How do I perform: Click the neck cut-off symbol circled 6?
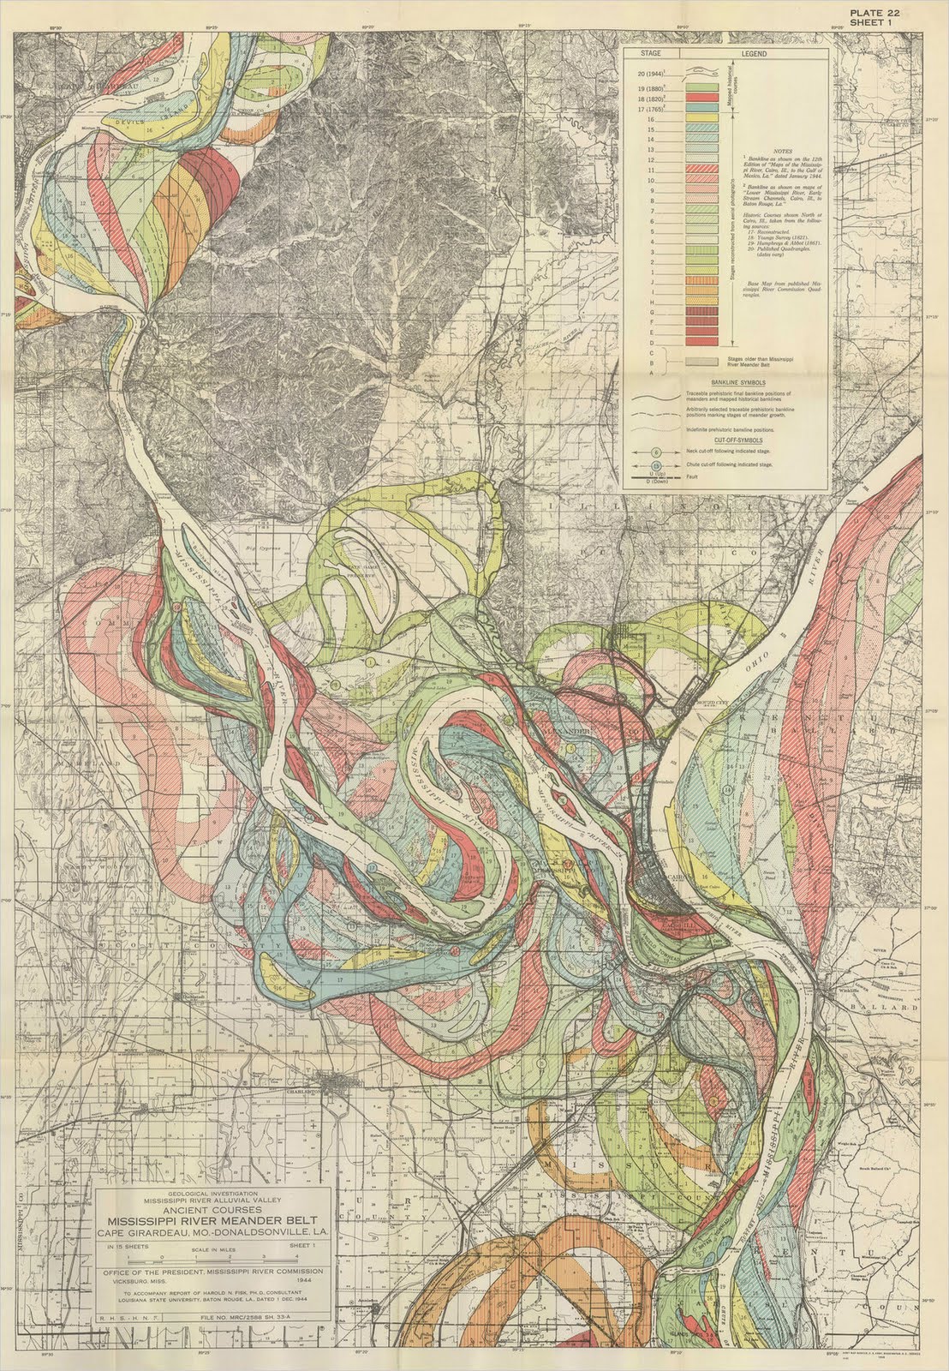[657, 452]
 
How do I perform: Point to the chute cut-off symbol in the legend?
[657, 464]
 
